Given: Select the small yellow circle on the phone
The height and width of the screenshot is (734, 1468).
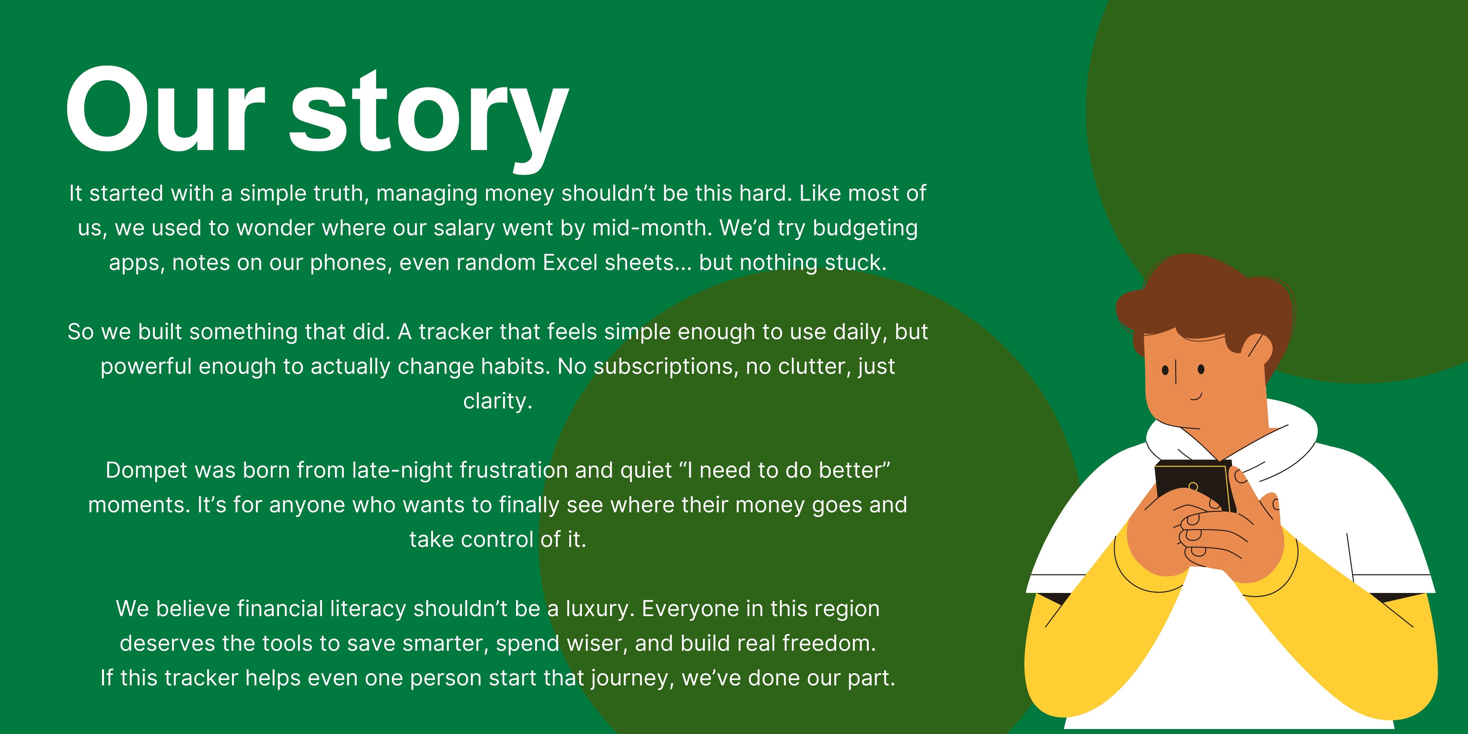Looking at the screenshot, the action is pyautogui.click(x=1193, y=486).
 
